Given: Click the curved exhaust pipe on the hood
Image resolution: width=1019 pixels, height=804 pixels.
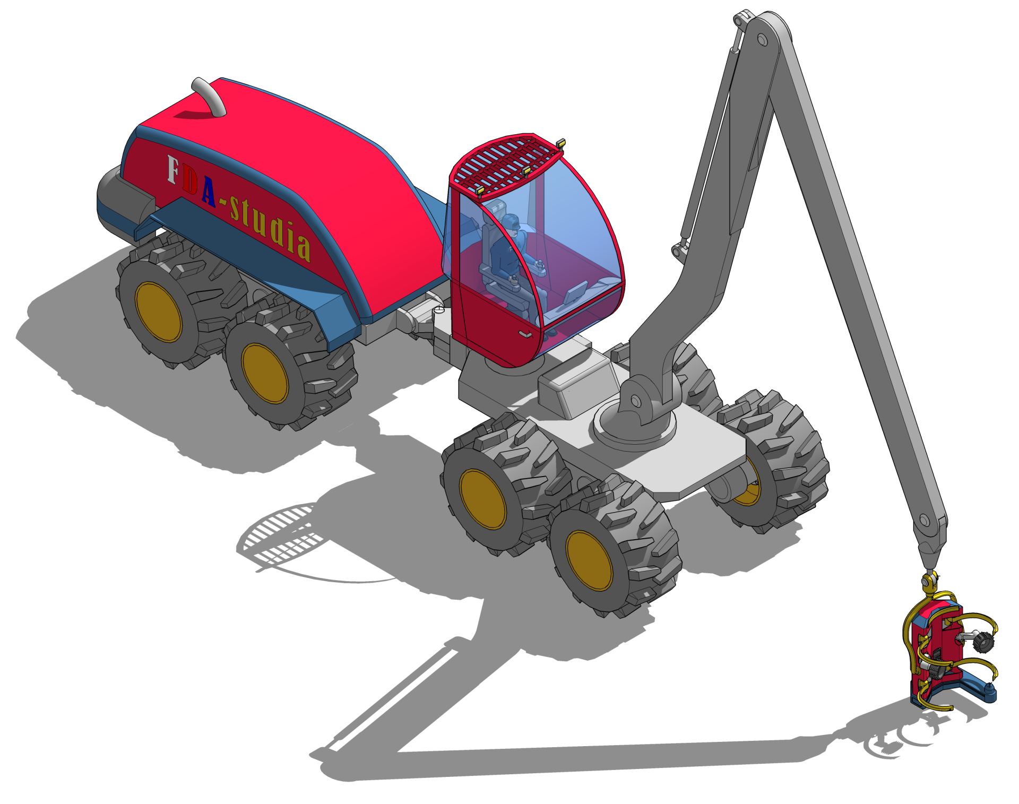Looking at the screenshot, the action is (x=210, y=96).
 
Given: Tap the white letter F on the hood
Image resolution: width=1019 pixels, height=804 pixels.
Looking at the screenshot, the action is (x=172, y=169).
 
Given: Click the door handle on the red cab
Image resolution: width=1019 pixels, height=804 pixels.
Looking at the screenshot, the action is (x=525, y=334).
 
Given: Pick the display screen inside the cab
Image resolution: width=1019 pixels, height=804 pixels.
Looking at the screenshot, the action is (x=575, y=292).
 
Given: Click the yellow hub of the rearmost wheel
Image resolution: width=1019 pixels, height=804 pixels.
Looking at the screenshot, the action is (x=159, y=312).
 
